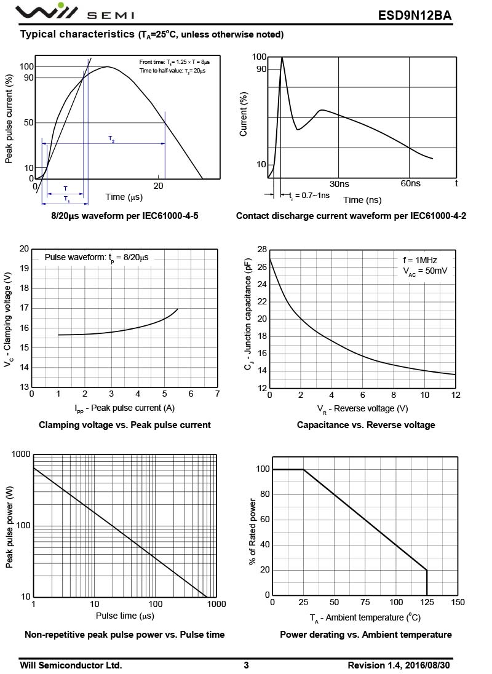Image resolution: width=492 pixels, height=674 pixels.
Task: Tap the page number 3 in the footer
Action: [246, 665]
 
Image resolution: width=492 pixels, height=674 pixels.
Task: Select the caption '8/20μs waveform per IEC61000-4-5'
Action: [125, 216]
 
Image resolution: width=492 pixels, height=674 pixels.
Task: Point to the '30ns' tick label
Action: [339, 183]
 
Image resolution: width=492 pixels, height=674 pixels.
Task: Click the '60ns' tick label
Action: [410, 183]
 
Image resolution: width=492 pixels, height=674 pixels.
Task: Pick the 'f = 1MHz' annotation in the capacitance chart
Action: [420, 260]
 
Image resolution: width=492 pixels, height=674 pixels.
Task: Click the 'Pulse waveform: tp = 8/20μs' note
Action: [97, 258]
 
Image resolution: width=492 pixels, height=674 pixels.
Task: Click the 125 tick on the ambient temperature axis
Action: [427, 602]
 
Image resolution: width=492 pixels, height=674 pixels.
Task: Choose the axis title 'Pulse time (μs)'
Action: [125, 616]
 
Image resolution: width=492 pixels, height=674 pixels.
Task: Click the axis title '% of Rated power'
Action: [253, 533]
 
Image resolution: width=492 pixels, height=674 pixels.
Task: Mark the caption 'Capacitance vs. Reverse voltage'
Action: [366, 425]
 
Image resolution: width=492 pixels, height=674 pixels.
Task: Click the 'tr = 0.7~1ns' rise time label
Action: [309, 196]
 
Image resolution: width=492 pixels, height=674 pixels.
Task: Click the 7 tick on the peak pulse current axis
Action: [217, 394]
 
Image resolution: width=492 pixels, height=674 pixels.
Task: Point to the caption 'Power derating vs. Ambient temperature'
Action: [366, 635]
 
